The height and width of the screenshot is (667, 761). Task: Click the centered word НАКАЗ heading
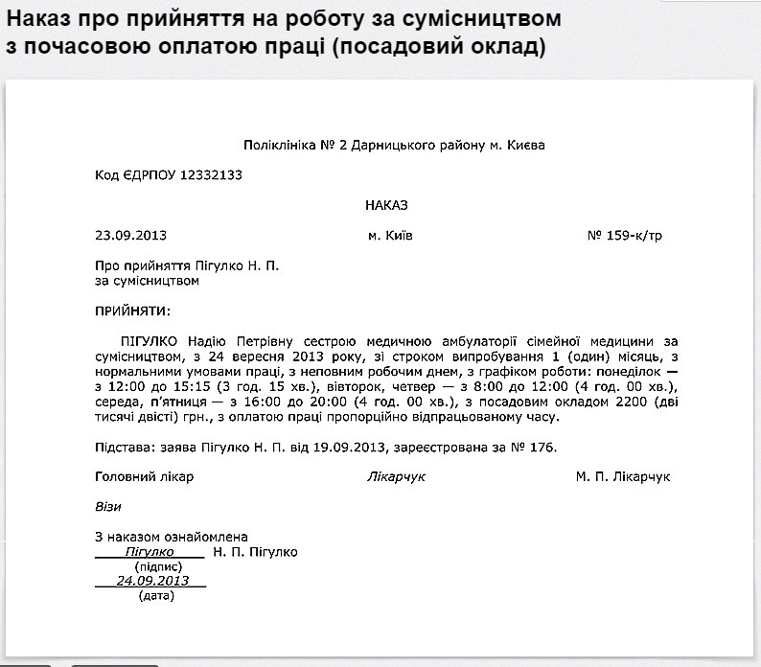(x=387, y=204)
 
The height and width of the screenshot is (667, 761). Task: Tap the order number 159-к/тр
(x=633, y=235)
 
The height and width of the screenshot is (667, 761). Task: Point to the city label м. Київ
(x=390, y=235)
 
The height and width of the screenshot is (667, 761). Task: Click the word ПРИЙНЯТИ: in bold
(x=132, y=310)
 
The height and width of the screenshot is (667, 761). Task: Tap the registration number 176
(x=542, y=447)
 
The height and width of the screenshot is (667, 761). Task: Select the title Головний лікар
(x=144, y=476)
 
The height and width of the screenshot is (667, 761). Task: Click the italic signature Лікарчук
(x=396, y=476)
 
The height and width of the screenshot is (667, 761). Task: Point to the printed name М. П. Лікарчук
(x=623, y=476)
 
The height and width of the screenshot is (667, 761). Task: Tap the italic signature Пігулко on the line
(x=150, y=552)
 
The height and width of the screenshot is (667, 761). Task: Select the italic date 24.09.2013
(x=152, y=581)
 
